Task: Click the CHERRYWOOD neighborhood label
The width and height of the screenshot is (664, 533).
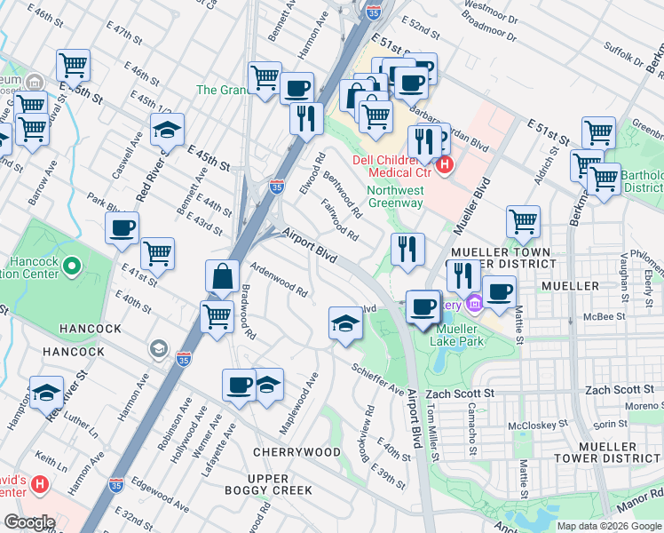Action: click(x=296, y=452)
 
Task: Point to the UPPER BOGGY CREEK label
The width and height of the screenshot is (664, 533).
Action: click(x=280, y=484)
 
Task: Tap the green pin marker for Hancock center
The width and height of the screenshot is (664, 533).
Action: click(x=74, y=264)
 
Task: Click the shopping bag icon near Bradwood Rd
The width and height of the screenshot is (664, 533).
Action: click(x=221, y=277)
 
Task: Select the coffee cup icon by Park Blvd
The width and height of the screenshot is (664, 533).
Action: click(x=121, y=227)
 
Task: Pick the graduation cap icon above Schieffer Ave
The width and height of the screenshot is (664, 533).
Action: click(x=345, y=323)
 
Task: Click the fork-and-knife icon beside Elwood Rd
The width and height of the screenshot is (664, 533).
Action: click(x=305, y=117)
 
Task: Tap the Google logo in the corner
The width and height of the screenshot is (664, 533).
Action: click(x=29, y=522)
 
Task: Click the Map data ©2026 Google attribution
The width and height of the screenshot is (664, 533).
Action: click(x=609, y=526)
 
